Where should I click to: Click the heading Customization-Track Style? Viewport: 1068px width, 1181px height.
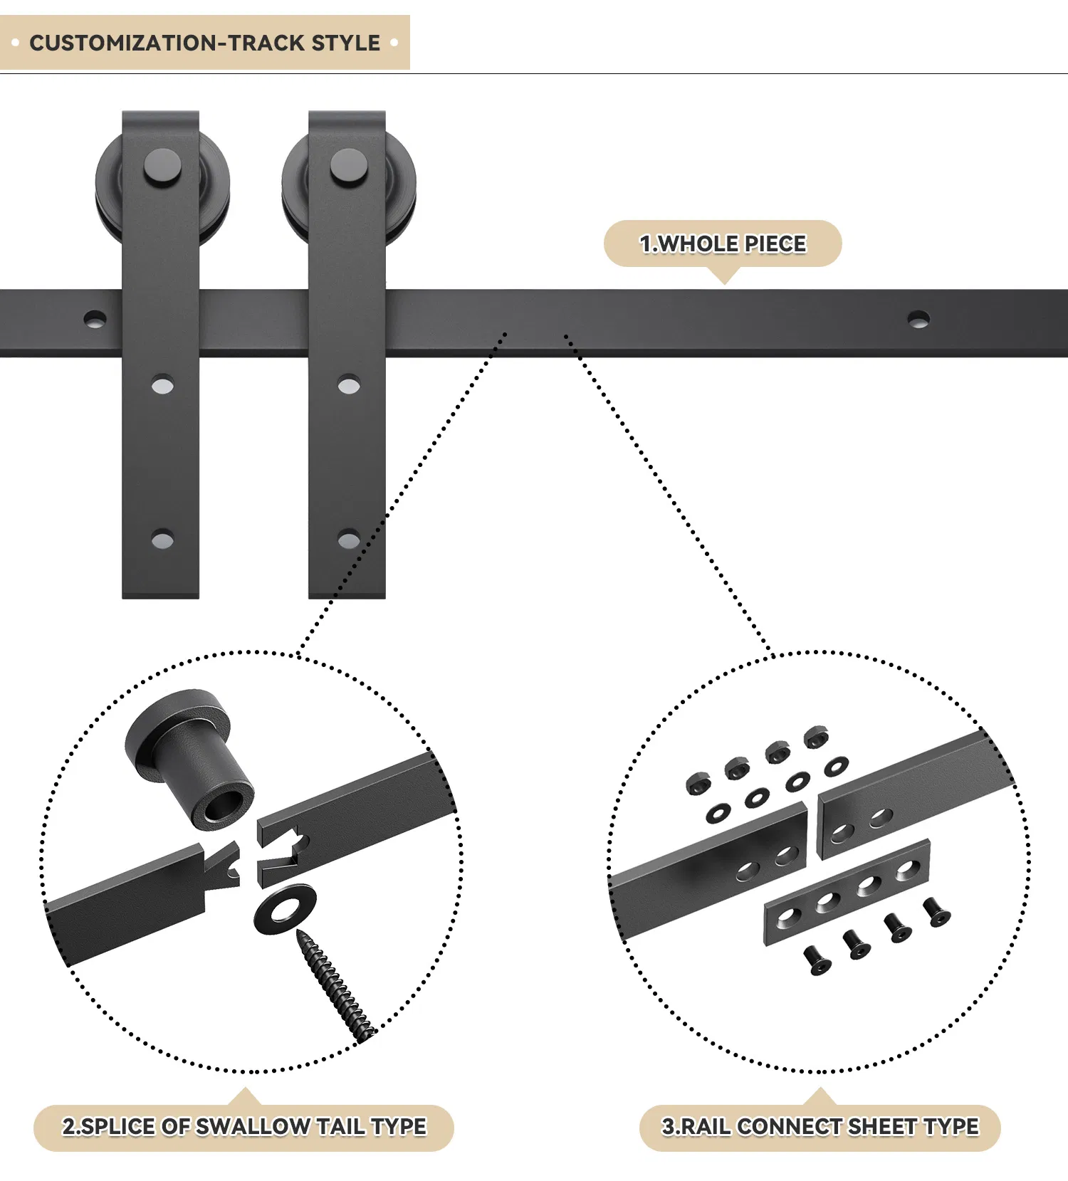coord(204,43)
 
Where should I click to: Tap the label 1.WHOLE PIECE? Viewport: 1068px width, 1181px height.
coord(722,244)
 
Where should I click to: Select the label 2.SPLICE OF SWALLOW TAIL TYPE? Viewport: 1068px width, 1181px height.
coord(244,1127)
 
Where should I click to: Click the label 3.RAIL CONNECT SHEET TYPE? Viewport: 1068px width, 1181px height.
coord(820,1127)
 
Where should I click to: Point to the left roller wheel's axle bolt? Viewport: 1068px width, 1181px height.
coord(162,168)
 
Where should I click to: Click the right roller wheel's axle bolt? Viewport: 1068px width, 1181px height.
coord(349,168)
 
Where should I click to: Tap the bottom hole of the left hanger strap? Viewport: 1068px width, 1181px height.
coord(162,540)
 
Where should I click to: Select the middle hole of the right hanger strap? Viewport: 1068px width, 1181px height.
coord(348,386)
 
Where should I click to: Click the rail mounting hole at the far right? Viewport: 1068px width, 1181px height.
coord(918,318)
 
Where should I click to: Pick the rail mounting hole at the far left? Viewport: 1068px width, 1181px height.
coord(95,318)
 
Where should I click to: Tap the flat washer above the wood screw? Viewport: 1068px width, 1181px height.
coord(285,910)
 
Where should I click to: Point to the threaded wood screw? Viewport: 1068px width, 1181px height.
coord(335,986)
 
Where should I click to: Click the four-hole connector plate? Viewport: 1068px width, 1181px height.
coord(847,893)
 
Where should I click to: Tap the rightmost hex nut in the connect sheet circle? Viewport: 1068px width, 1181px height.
coord(816,738)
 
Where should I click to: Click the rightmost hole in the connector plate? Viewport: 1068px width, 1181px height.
coord(907,868)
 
